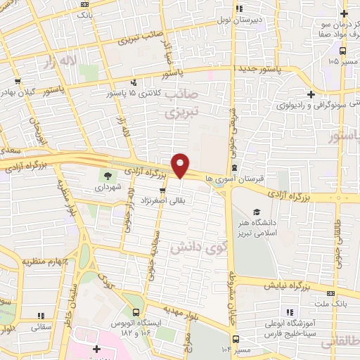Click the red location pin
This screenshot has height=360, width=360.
pyautogui.click(x=181, y=165)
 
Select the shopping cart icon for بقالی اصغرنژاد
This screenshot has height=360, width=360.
pyautogui.click(x=163, y=190)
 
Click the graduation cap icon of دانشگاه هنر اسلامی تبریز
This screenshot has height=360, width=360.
pyautogui.click(x=257, y=212)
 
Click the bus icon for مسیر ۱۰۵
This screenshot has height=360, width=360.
pyautogui.click(x=342, y=51)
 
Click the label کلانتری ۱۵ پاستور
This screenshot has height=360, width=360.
pyautogui.click(x=134, y=93)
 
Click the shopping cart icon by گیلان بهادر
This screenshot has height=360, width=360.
pyautogui.click(x=16, y=81)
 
